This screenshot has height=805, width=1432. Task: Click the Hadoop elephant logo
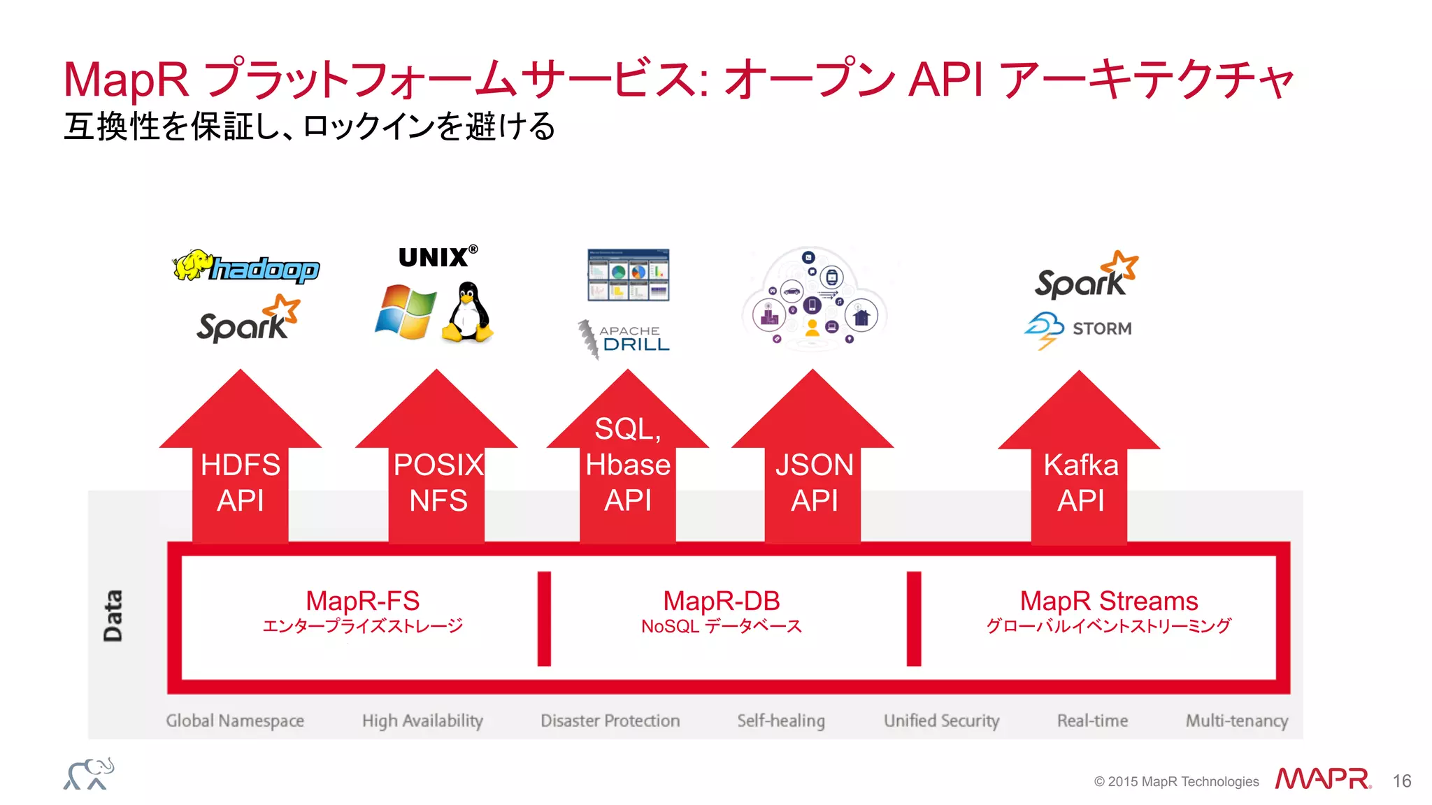tap(246, 267)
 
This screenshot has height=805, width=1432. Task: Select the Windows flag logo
tap(406, 312)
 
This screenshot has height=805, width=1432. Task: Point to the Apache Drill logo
tap(624, 338)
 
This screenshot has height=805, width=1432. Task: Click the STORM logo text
tap(1101, 328)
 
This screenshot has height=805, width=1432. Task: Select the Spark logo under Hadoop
tap(248, 321)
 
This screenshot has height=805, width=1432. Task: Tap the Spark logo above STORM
tap(1085, 277)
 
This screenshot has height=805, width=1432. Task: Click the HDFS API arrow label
tap(241, 482)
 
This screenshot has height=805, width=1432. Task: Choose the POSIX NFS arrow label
tap(438, 482)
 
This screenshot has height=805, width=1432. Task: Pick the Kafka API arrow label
tap(1080, 482)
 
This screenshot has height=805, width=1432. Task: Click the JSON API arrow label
tap(814, 482)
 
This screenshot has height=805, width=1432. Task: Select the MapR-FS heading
tap(362, 601)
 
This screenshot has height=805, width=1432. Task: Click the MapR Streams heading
tap(1108, 601)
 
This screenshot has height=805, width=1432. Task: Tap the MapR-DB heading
tap(721, 601)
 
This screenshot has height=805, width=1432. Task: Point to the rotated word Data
tap(113, 616)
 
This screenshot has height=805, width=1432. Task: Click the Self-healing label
tap(781, 720)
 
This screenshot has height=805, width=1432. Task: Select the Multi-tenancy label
tap(1236, 720)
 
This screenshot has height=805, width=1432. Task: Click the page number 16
tap(1401, 781)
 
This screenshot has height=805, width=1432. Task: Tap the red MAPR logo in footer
tap(1322, 778)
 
